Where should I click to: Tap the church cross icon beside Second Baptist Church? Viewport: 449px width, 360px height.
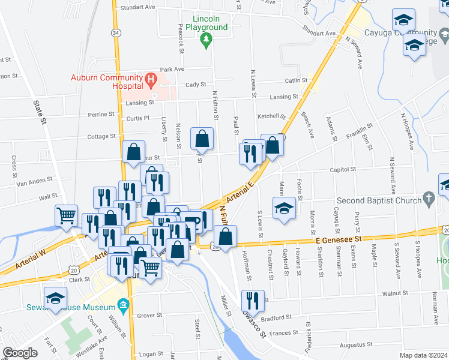click(x=429, y=198)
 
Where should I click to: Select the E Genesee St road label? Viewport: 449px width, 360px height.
click(x=340, y=239)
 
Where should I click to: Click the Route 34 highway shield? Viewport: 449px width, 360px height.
click(x=116, y=32)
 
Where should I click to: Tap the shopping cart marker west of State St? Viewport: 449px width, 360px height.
click(x=67, y=215)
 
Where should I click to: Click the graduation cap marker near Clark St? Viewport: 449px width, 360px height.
click(x=56, y=298)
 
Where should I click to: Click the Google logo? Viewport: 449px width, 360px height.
click(x=20, y=353)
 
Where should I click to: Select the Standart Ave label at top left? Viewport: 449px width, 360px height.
click(x=137, y=8)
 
